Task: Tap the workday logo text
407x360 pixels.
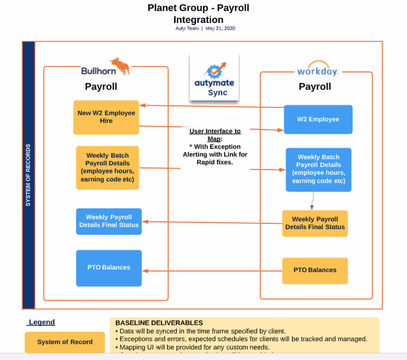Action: pyautogui.click(x=317, y=71)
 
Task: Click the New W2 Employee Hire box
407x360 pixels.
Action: pyautogui.click(x=106, y=117)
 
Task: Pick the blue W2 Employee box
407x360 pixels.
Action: pyautogui.click(x=318, y=119)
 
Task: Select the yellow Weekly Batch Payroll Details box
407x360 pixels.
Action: pyautogui.click(x=107, y=168)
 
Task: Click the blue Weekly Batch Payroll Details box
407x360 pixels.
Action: pyautogui.click(x=318, y=169)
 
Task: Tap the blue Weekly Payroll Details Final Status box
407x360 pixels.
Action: pyautogui.click(x=109, y=221)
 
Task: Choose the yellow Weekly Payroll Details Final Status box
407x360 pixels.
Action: pyautogui.click(x=315, y=223)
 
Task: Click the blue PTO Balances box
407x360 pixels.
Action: pyautogui.click(x=109, y=268)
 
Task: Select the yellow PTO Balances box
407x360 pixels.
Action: pyautogui.click(x=315, y=270)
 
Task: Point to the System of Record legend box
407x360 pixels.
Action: pyautogui.click(x=65, y=342)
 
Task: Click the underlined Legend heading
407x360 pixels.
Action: pyautogui.click(x=42, y=322)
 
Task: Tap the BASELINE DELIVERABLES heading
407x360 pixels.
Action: pyautogui.click(x=159, y=323)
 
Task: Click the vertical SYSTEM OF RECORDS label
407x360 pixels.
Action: pyautogui.click(x=28, y=175)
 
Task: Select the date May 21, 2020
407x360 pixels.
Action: pyautogui.click(x=220, y=28)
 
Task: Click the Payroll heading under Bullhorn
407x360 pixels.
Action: pyautogui.click(x=101, y=86)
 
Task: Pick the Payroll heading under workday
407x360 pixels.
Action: pyautogui.click(x=315, y=86)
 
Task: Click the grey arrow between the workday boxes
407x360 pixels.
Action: pyautogui.click(x=313, y=201)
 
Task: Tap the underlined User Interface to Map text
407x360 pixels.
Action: pyautogui.click(x=215, y=135)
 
